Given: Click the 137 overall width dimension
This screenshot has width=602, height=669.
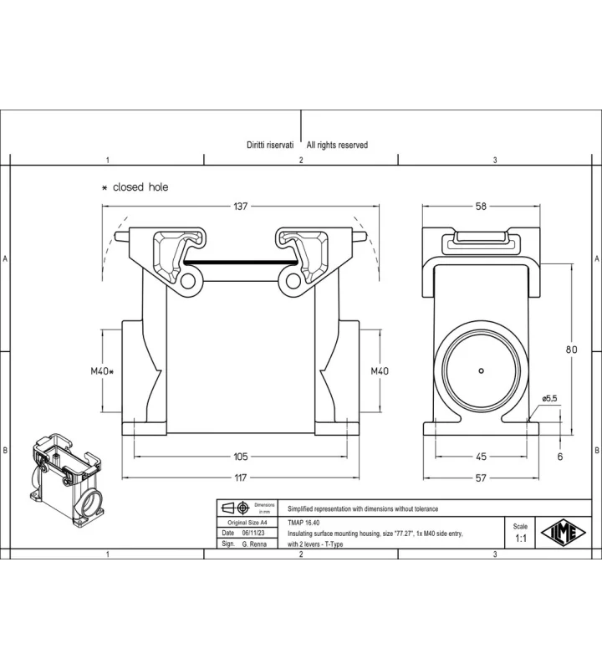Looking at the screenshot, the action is (240, 207).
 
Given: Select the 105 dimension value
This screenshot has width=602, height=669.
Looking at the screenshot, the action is (240, 457).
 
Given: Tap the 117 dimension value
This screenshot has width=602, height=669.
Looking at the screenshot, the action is (241, 477).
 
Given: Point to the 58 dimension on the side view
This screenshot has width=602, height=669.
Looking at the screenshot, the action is (481, 207).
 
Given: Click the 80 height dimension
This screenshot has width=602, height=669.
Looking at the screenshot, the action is (571, 350).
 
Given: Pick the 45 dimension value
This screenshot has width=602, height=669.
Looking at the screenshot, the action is (481, 457).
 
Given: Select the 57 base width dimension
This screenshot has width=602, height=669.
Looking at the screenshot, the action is (481, 477).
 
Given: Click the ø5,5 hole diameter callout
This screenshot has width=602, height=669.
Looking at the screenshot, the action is (549, 399).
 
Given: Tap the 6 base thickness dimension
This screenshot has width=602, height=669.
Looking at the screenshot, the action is (560, 457).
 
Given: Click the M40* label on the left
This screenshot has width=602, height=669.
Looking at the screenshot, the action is (102, 371).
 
